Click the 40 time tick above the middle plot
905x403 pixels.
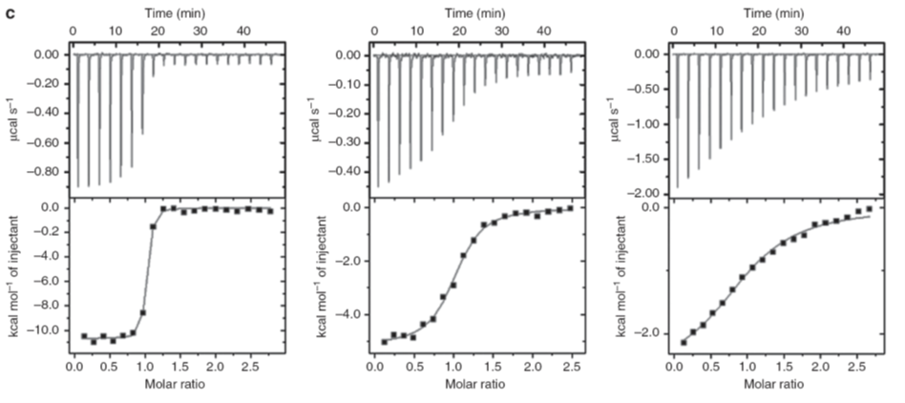(x=543, y=32)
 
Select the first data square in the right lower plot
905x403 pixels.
(x=684, y=342)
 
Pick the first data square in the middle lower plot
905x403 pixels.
(x=385, y=341)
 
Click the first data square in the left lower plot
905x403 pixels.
(x=84, y=335)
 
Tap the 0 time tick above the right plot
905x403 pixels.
(x=675, y=32)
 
